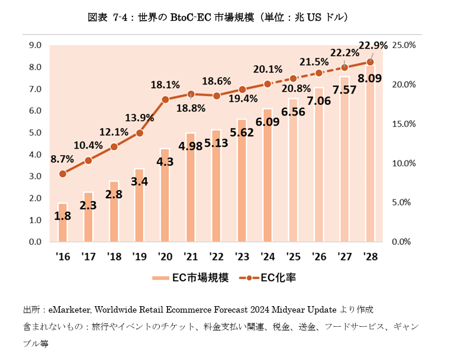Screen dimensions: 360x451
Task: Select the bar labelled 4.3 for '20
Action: pos(165,195)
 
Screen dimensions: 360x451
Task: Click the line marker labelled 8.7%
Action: pos(63,173)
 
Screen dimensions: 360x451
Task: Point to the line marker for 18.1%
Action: pos(165,99)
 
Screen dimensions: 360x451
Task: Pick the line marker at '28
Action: pos(371,62)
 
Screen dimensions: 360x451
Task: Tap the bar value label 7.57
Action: pos(345,90)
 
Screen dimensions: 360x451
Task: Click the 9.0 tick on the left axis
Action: pos(34,45)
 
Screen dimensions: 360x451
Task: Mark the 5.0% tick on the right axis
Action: pos(406,202)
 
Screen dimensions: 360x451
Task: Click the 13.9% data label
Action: pos(140,118)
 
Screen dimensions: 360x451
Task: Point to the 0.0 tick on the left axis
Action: pos(34,242)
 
